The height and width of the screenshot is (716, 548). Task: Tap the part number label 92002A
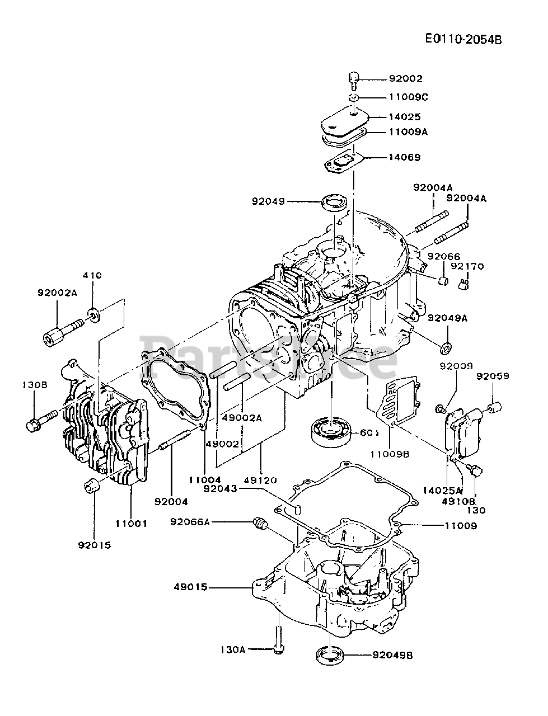pos(57,292)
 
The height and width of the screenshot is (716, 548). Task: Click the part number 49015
pos(190,587)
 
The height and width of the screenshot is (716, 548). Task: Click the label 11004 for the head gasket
pos(205,479)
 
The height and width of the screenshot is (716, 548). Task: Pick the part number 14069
pos(405,157)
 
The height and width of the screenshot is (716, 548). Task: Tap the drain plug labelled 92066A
pos(259,524)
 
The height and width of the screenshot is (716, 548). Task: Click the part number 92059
pos(493,376)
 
